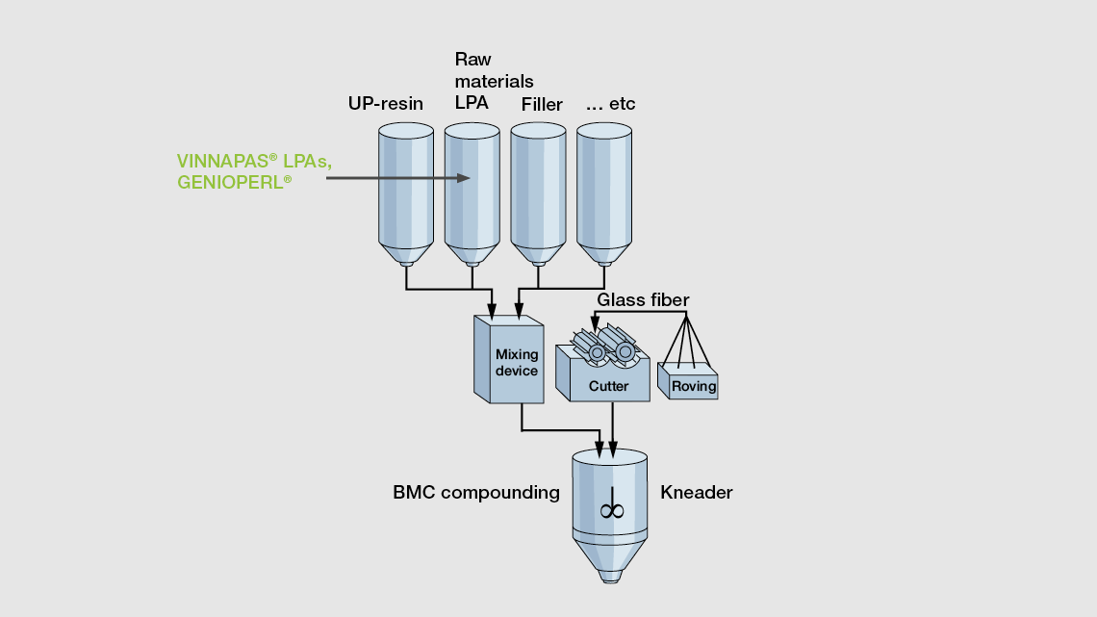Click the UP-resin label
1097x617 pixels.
pyautogui.click(x=385, y=104)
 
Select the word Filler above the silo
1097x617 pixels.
pyautogui.click(x=542, y=104)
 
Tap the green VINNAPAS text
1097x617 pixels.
pyautogui.click(x=226, y=161)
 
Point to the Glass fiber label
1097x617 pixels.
pyautogui.click(x=643, y=300)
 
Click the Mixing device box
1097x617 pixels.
pyautogui.click(x=517, y=362)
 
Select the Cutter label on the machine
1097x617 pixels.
pyautogui.click(x=608, y=386)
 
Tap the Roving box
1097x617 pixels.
pyautogui.click(x=694, y=386)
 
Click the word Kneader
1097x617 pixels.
pyautogui.click(x=697, y=493)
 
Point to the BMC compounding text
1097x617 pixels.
pyautogui.click(x=476, y=493)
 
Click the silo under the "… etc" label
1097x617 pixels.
pyautogui.click(x=605, y=193)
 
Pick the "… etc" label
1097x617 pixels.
pyautogui.click(x=610, y=104)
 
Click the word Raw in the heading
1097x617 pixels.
pyautogui.click(x=472, y=60)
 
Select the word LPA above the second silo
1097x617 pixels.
pyautogui.click(x=472, y=102)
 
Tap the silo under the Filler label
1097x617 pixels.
pyautogui.click(x=538, y=193)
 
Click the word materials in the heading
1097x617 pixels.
pyautogui.click(x=494, y=81)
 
